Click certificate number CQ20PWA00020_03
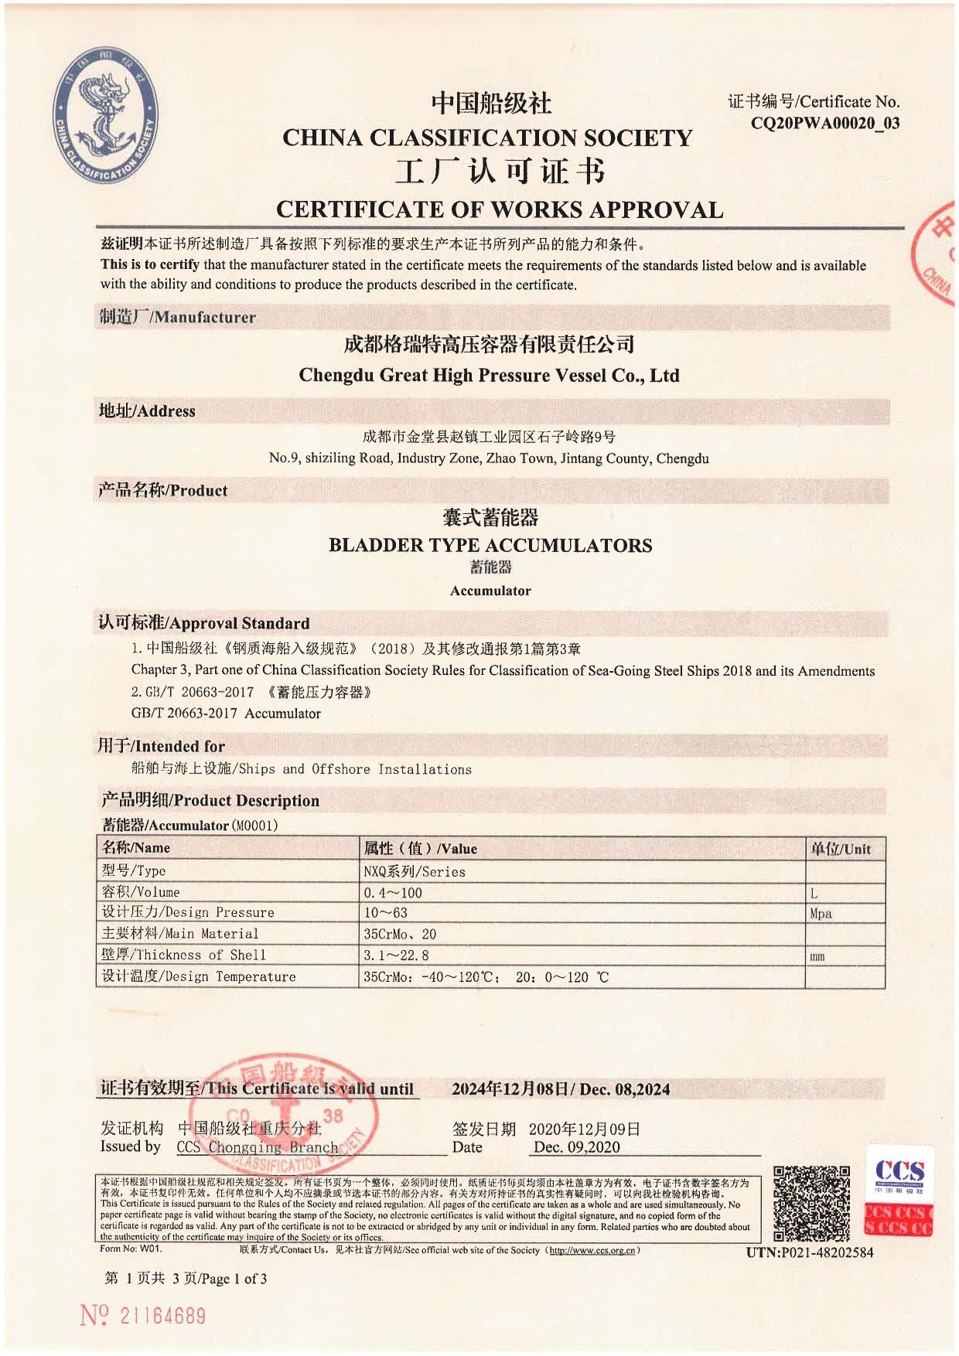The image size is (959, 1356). tap(825, 123)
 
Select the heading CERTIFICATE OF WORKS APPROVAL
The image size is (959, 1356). tap(500, 210)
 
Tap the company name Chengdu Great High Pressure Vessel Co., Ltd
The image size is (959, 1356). tap(489, 376)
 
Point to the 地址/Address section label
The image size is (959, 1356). tap(147, 411)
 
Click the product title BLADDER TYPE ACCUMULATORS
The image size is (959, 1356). tap(490, 545)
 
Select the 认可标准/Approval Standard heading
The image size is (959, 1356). tap(204, 623)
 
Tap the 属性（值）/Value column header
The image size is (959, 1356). tap(421, 848)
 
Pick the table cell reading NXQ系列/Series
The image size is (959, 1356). tap(415, 871)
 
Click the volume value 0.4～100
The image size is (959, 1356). tap(393, 892)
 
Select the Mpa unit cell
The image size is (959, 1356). tap(821, 913)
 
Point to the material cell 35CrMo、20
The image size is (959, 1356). tap(400, 934)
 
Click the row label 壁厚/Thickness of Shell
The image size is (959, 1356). tap(184, 955)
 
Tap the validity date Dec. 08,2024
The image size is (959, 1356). tap(624, 1089)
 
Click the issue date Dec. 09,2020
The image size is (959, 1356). tap(576, 1147)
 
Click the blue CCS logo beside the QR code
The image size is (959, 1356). tap(899, 1174)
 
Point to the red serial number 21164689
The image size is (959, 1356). tap(162, 1316)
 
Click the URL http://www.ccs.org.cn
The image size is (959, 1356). tap(592, 1250)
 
